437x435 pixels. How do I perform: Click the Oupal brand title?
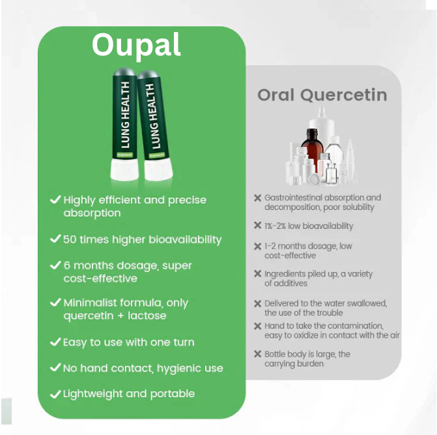click(x=136, y=44)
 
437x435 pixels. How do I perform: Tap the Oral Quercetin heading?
click(x=322, y=95)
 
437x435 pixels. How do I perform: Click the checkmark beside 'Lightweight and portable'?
click(x=55, y=394)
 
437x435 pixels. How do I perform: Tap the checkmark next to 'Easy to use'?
click(x=55, y=342)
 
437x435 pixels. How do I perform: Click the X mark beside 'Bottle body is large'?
click(x=258, y=354)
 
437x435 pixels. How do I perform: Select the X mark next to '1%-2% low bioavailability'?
click(x=258, y=226)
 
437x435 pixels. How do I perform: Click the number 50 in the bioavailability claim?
click(x=70, y=239)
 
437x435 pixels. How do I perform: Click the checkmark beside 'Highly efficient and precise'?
click(x=55, y=200)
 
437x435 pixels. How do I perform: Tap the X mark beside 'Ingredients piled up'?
click(x=258, y=274)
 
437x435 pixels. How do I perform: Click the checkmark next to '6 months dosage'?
click(x=55, y=265)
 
